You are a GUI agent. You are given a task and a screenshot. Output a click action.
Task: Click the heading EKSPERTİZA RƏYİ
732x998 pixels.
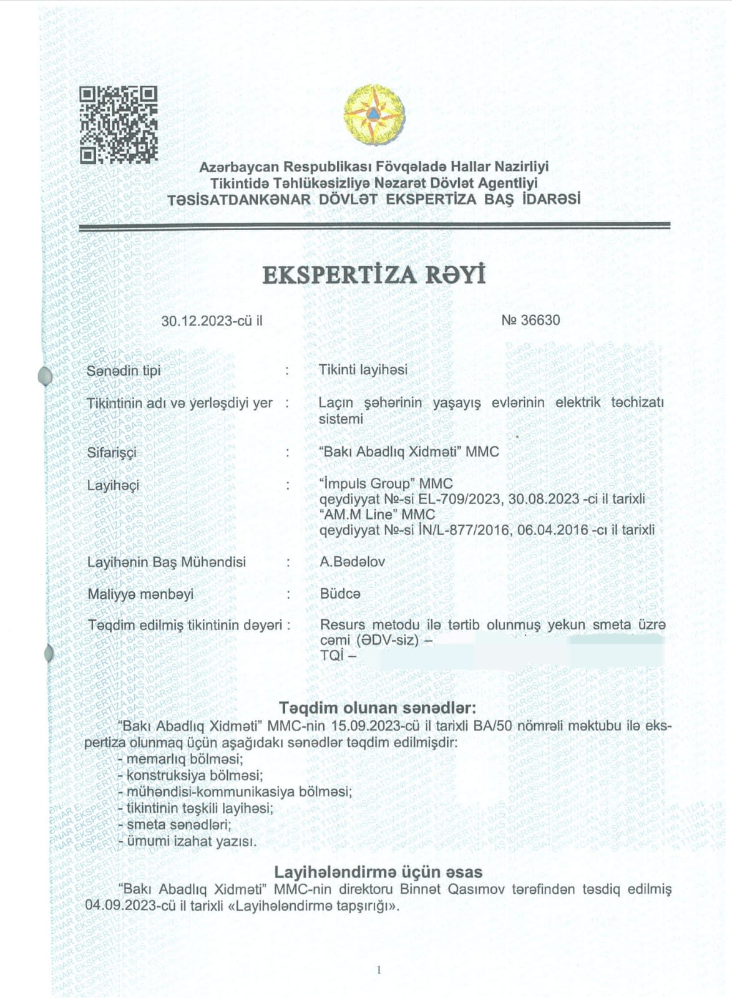[374, 276]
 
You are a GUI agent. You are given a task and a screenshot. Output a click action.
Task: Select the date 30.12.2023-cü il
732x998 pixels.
[212, 321]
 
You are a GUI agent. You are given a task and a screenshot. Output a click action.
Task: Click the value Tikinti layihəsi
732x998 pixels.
[363, 370]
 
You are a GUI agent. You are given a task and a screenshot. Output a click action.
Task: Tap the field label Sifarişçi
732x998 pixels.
[112, 453]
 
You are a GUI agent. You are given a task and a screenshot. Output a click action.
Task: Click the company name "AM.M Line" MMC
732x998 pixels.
[377, 515]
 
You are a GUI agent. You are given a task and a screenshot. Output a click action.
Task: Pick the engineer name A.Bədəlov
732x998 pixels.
[352, 561]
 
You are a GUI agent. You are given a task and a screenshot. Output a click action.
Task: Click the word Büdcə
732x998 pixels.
[340, 594]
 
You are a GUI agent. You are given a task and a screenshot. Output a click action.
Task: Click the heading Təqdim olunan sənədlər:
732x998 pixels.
[378, 708]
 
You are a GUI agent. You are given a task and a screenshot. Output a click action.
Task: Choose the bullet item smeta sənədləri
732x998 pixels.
[178, 825]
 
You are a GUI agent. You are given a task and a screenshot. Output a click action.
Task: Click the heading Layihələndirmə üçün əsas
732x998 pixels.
[378, 871]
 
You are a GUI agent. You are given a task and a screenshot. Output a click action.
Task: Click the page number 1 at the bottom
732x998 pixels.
[379, 970]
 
